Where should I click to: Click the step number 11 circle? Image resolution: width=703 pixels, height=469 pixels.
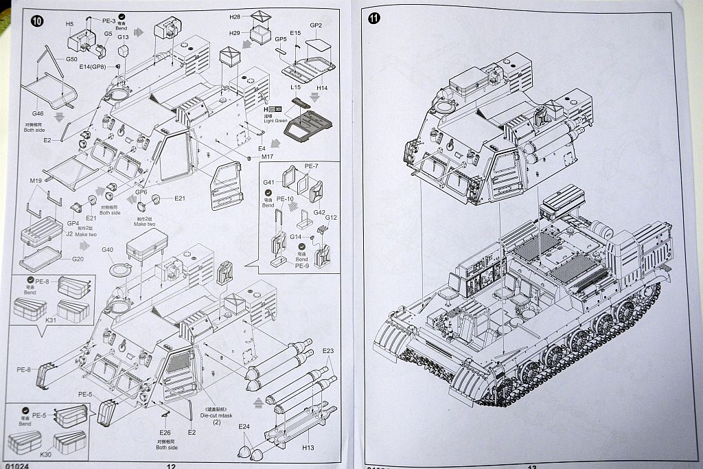374,19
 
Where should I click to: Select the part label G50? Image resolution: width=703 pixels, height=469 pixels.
71,60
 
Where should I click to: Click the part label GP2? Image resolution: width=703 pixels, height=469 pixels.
316,25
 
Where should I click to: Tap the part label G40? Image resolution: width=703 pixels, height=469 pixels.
107,249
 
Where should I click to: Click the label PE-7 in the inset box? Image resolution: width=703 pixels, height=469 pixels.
312,167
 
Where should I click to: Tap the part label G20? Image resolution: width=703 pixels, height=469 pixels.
78,259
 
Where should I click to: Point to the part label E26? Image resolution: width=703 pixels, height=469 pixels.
164,433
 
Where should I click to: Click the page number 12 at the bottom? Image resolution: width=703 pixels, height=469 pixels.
171,466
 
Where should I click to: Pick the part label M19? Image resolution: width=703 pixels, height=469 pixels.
36,181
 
